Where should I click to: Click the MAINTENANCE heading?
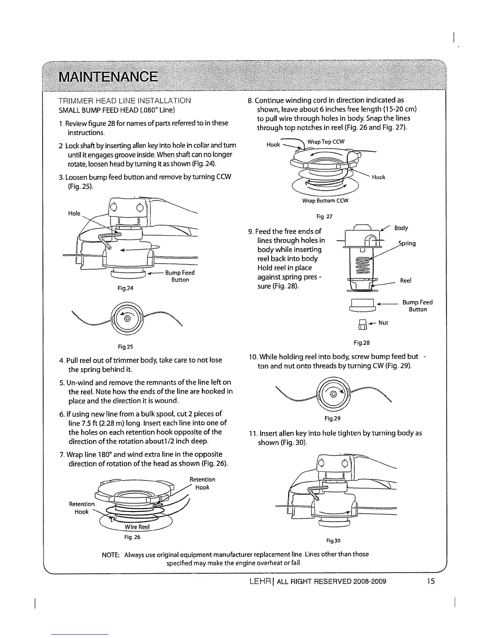pyautogui.click(x=108, y=77)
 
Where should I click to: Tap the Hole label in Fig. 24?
pyautogui.click(x=74, y=213)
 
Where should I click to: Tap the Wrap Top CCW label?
pyautogui.click(x=326, y=142)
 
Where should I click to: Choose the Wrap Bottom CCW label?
pyautogui.click(x=325, y=200)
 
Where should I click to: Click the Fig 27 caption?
pyautogui.click(x=324, y=217)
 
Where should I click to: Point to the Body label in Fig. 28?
pyautogui.click(x=401, y=228)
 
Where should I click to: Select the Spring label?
pyautogui.click(x=407, y=243)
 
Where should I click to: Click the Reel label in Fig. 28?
pyautogui.click(x=406, y=281)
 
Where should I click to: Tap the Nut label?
pyautogui.click(x=383, y=323)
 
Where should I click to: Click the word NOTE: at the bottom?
pyautogui.click(x=111, y=554)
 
